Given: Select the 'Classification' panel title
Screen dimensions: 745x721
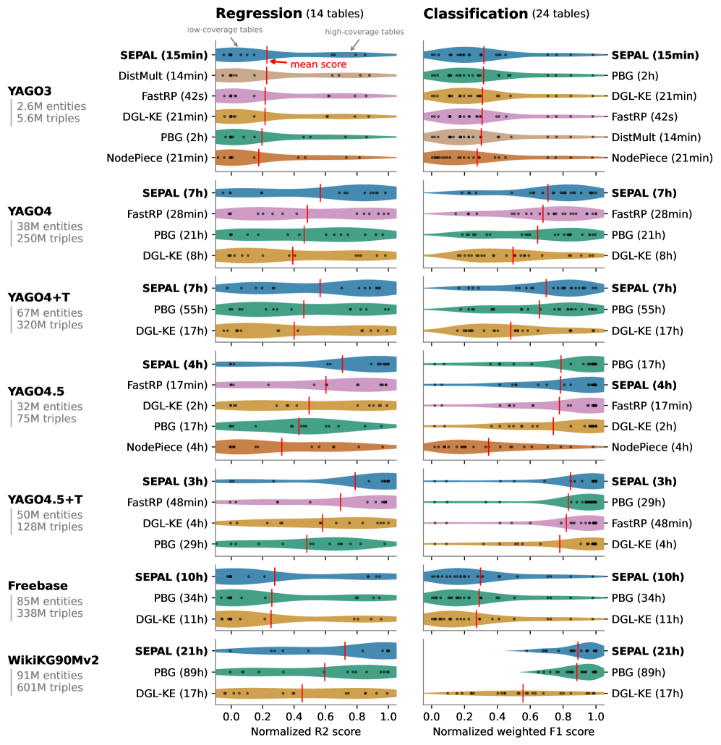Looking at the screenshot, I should [476, 13].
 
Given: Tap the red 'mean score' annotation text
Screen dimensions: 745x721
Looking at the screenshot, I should [318, 64].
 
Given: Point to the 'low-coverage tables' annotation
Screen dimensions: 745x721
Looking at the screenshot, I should [224, 30].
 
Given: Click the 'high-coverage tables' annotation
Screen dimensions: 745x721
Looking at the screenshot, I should [364, 32].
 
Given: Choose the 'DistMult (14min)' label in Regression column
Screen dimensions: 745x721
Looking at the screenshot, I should [163, 75].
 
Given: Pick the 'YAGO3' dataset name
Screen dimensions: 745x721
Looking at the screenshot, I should [30, 91].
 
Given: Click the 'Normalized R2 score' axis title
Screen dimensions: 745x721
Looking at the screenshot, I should [305, 732].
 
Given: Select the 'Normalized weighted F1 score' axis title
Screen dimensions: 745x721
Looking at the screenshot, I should [513, 732].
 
